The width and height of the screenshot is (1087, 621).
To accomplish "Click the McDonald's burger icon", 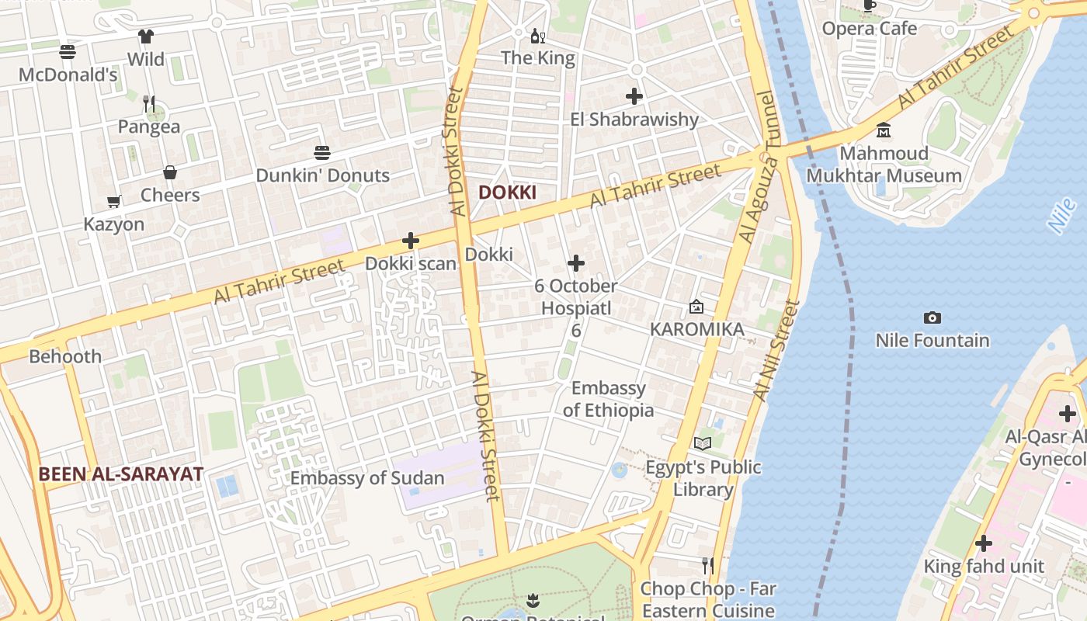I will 68,52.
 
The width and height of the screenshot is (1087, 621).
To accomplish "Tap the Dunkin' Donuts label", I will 322,175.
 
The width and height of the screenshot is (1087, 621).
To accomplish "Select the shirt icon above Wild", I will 146,36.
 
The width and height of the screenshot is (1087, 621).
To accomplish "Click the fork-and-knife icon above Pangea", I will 148,103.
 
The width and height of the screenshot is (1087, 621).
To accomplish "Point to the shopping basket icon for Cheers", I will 170,172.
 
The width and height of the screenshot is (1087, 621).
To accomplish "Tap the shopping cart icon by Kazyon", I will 114,202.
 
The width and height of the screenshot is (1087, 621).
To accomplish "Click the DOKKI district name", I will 507,193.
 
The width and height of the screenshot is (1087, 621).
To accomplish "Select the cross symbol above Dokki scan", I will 411,241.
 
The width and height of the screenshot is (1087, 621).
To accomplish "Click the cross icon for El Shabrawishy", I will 634,96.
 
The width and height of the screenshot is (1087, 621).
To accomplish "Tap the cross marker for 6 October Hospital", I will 576,263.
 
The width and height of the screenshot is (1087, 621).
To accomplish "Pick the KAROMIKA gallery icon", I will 696,307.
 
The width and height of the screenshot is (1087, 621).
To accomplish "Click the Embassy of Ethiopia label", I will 609,399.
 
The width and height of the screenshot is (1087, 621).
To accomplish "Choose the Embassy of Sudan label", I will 367,478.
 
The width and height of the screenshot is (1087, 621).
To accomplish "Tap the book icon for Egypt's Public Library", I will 703,443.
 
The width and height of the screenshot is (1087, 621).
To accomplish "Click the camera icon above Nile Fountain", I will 932,317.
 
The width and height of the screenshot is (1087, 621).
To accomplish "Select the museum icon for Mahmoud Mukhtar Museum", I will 883,130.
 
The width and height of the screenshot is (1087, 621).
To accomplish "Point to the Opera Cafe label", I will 869,29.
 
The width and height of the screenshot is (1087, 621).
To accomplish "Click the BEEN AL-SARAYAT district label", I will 121,474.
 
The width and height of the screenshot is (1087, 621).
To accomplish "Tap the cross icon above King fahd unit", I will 984,543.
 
